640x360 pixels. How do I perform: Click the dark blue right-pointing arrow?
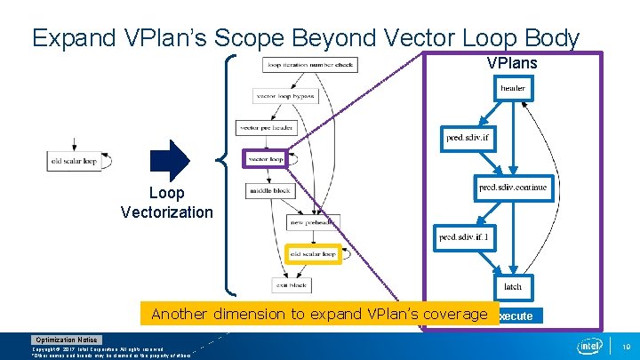pos(171,160)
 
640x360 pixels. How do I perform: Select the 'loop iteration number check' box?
pos(310,65)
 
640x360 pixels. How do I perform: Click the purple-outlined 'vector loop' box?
pos(267,160)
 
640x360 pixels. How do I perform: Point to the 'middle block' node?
pos(269,190)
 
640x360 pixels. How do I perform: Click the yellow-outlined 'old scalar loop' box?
pos(314,254)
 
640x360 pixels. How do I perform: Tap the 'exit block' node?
pos(292,285)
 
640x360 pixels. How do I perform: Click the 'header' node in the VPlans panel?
pos(513,89)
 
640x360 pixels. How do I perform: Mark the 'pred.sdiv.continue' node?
pos(514,188)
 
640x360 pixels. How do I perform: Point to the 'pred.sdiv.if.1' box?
pos(468,237)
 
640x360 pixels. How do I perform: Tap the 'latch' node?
pos(513,286)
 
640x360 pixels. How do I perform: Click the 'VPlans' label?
pos(511,64)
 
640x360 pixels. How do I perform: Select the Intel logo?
pos(590,345)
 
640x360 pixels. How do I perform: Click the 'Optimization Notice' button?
pos(68,340)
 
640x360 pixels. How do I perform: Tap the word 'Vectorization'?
pos(167,212)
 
